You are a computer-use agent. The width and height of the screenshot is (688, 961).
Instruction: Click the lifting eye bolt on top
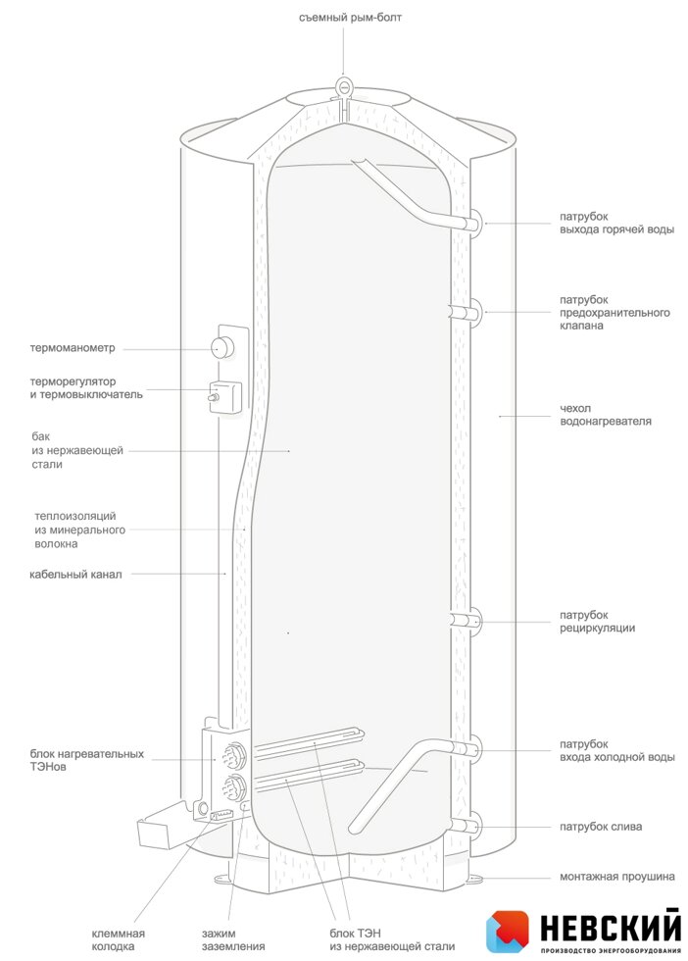click(x=343, y=86)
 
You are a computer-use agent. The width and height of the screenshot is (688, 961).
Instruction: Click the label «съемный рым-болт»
click(x=350, y=18)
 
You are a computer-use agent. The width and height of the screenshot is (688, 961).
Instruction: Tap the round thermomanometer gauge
click(x=221, y=347)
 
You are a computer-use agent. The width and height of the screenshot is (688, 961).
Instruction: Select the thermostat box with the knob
click(x=224, y=396)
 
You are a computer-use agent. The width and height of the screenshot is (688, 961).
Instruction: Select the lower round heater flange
click(x=233, y=786)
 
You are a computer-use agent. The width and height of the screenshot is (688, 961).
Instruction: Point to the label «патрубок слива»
click(x=601, y=826)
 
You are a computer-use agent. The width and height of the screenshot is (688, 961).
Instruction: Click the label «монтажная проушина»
click(x=616, y=877)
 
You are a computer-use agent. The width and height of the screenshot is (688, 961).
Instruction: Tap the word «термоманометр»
click(x=73, y=348)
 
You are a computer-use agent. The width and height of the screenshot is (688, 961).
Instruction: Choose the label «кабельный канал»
click(x=75, y=575)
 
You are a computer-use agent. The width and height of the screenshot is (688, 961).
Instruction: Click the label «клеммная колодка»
click(x=119, y=940)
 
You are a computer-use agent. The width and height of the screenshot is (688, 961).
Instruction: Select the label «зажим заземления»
click(x=233, y=940)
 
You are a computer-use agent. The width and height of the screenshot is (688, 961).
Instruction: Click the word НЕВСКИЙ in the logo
click(x=611, y=928)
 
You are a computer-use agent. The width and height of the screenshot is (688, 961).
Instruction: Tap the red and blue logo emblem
click(x=508, y=931)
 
